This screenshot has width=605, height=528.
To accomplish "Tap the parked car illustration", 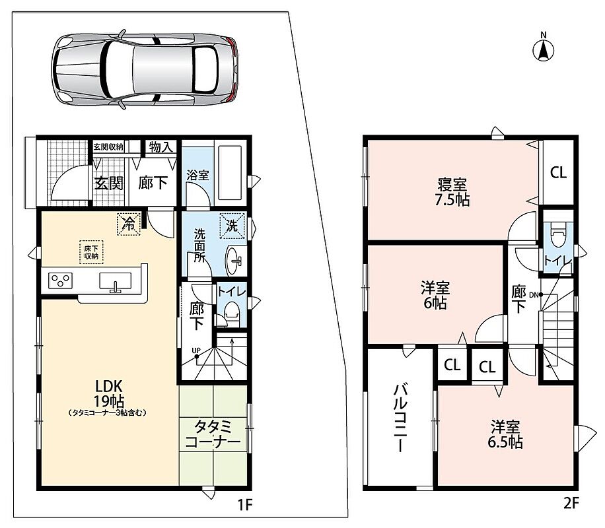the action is [x=145, y=69].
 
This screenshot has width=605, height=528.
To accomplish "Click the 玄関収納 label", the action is [x=108, y=147].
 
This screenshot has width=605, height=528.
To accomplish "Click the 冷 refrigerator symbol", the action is [x=129, y=224].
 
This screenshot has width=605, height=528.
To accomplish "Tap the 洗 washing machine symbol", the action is [x=232, y=226].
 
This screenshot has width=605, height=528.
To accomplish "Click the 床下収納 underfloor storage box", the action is [x=91, y=252].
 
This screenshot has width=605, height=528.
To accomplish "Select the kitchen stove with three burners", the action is [x=61, y=280].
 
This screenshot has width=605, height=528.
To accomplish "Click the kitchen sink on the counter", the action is [x=116, y=281].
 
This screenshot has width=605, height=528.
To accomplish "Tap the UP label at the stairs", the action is [x=196, y=350].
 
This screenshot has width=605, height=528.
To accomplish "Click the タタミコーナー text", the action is [x=213, y=434].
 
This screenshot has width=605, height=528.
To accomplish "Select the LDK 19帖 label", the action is [x=109, y=393].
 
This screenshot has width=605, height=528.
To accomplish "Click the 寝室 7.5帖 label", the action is [x=452, y=191].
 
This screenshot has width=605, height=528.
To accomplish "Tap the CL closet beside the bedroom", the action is [x=558, y=172].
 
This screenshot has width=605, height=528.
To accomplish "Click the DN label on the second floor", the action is [x=534, y=295].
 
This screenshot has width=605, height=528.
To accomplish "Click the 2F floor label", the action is [x=571, y=503].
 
